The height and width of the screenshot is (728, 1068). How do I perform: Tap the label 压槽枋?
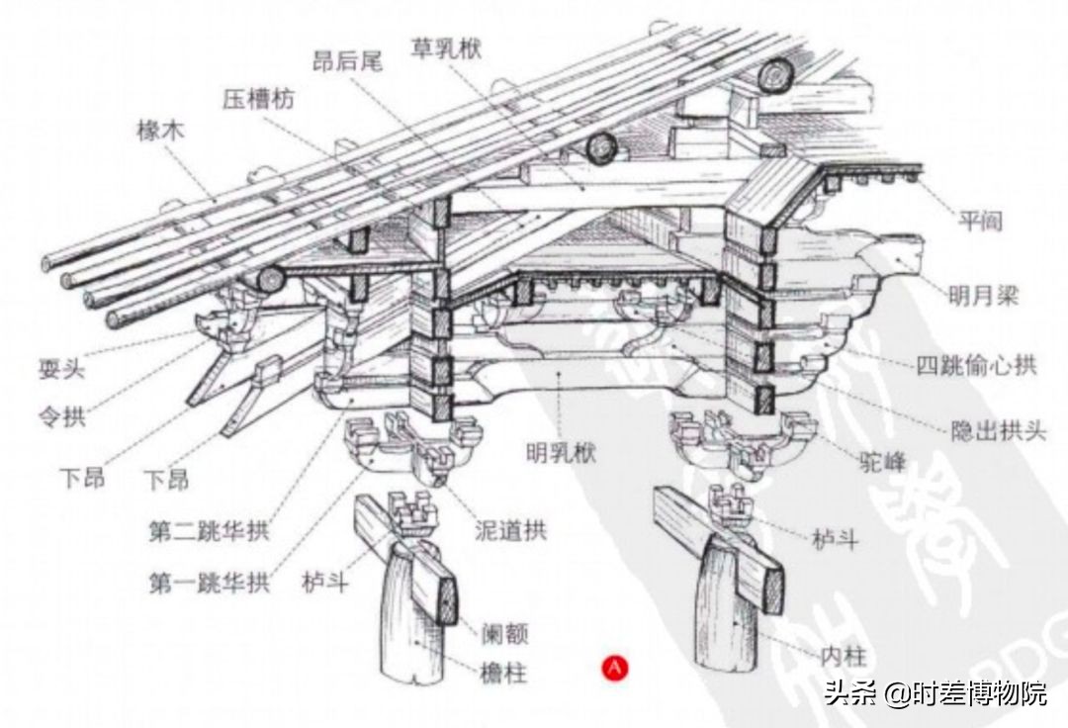[258, 98]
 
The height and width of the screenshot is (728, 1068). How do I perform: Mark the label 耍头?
[62, 372]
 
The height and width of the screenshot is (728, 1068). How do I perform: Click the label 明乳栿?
[563, 456]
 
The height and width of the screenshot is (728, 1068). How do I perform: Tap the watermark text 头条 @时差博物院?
[935, 693]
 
